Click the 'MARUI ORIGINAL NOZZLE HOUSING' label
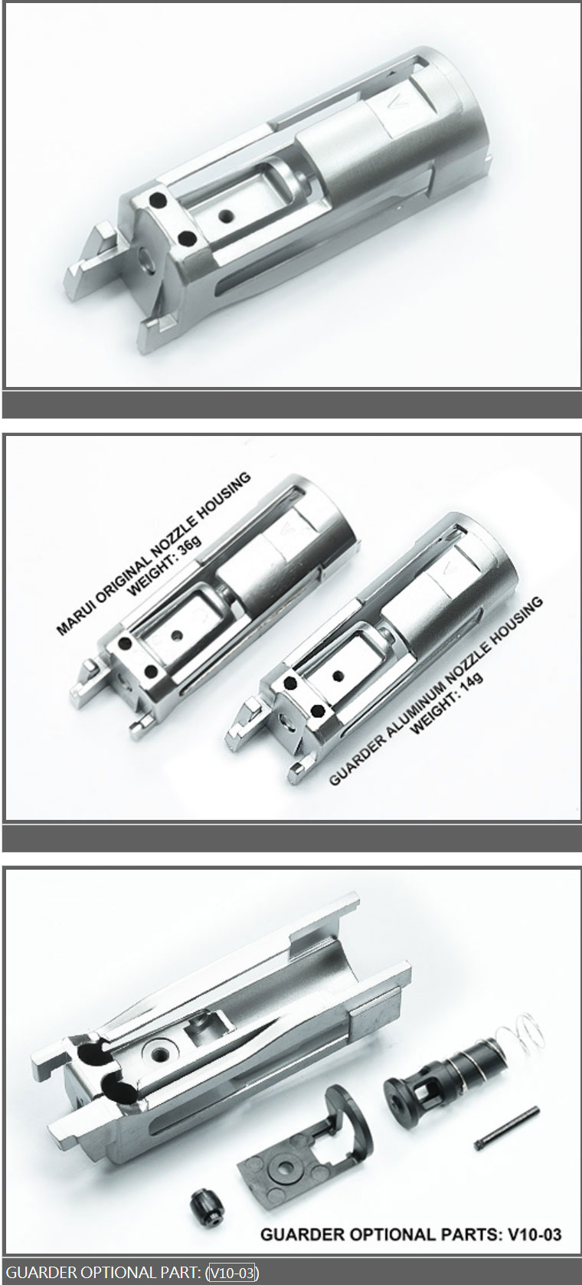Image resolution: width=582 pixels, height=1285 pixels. (x=154, y=552)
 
